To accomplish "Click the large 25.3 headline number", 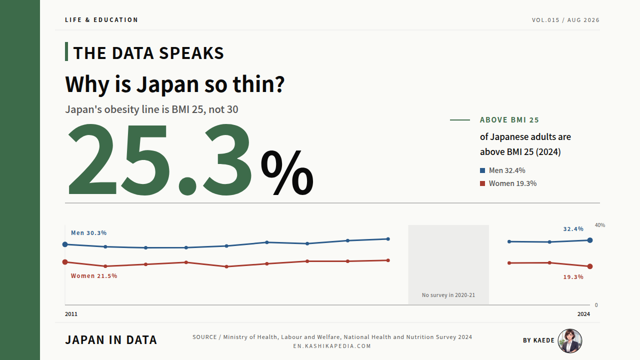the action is tap(160, 160).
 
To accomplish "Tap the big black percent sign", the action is tap(287, 172).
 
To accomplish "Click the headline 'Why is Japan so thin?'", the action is tap(175, 84).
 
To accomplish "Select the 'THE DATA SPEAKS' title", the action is tap(148, 53).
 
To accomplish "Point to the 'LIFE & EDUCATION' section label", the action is tap(101, 20).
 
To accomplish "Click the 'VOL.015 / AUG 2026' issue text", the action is tap(565, 20).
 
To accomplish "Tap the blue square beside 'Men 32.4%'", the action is tap(482, 170).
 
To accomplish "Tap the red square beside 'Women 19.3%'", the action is tap(482, 183).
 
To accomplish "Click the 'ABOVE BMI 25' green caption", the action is tap(509, 120).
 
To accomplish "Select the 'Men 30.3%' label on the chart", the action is tap(89, 233).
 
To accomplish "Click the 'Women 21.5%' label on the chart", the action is tap(94, 275).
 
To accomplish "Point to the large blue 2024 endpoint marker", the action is tap(589, 240).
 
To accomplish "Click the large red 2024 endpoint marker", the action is tap(589, 266).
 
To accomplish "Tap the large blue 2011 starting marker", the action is tap(65, 244).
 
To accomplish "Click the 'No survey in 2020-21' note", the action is tap(448, 295).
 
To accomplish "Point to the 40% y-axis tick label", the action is tap(600, 225).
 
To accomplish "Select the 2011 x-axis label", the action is tap(71, 314).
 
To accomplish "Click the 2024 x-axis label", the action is tap(583, 314).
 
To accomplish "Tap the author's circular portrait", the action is tap(570, 340).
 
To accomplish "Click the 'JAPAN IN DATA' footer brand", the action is tap(111, 340).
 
